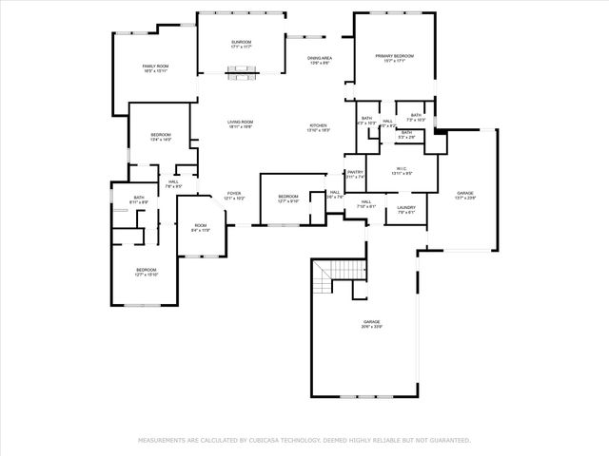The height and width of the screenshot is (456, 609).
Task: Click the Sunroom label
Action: coord(241,43)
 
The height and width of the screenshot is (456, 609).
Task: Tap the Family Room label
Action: coord(155,66)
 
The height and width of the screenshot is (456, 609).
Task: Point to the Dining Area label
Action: coord(319,59)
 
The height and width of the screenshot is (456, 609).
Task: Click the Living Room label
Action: coord(240,123)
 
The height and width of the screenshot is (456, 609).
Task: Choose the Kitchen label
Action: coord(318,127)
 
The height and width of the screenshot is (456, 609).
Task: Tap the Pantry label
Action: coord(355,174)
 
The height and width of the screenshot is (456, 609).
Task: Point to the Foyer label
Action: coord(234,194)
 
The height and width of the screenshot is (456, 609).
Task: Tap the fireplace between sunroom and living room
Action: coord(242,67)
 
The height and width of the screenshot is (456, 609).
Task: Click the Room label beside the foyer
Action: coord(200,226)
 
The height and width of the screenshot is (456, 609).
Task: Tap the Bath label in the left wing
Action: coord(139,197)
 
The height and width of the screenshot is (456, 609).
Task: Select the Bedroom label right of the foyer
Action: coord(288,198)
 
